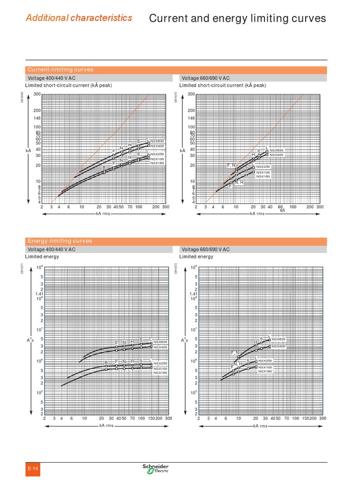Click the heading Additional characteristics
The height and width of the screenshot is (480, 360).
(79, 18)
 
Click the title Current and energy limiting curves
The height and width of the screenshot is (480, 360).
(237, 18)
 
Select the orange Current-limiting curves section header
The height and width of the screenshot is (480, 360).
(60, 70)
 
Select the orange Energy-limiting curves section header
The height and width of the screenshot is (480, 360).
(60, 241)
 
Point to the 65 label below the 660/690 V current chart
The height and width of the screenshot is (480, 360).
(283, 210)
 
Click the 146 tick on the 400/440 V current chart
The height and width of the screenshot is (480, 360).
(37, 119)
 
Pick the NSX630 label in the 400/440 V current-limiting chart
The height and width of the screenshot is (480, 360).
(158, 141)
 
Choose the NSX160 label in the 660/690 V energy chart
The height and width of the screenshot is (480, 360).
(265, 371)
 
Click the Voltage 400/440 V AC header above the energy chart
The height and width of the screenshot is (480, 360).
(52, 249)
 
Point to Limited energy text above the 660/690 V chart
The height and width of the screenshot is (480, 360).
(196, 256)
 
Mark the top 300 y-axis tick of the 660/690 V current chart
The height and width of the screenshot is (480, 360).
(191, 94)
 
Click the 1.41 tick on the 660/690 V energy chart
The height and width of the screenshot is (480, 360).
(193, 294)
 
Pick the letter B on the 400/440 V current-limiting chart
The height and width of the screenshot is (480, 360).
(104, 168)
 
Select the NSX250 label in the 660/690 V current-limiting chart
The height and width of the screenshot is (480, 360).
(263, 167)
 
